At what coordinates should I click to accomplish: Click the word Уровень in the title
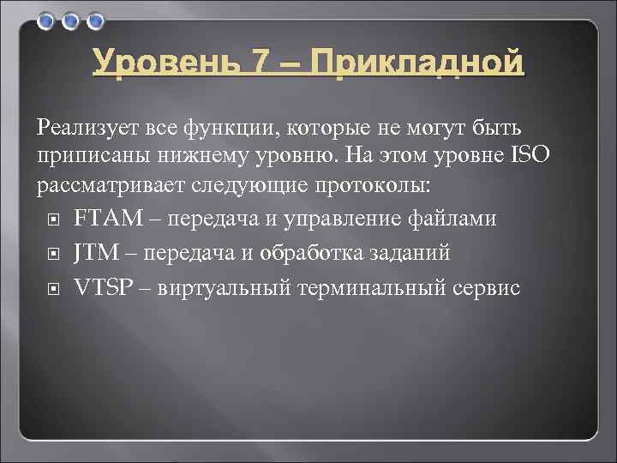(x=158, y=63)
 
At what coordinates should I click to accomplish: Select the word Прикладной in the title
(x=416, y=63)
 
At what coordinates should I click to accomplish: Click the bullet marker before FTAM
(x=52, y=219)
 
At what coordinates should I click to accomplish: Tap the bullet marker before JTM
(x=52, y=254)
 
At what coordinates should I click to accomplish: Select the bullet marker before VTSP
(x=52, y=288)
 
